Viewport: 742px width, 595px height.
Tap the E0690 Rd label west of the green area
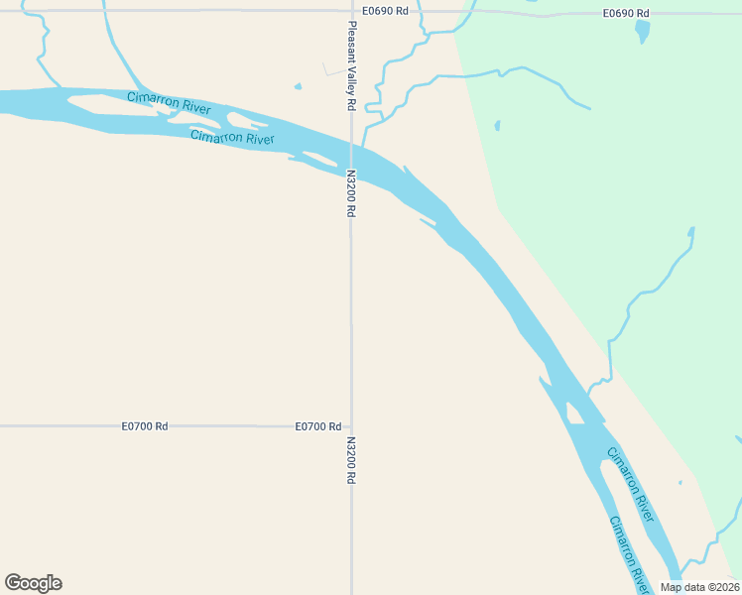coord(386,11)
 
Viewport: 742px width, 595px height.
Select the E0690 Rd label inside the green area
coord(626,13)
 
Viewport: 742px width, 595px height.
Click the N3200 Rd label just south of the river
coord(350,193)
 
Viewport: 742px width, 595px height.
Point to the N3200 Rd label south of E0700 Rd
coord(351,462)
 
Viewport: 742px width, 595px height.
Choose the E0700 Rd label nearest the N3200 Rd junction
coord(317,425)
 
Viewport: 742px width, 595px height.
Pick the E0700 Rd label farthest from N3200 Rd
coord(144,425)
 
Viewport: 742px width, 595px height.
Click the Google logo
coord(33,583)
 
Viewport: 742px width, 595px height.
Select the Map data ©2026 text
coord(699,587)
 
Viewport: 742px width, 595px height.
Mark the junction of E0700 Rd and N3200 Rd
coord(351,425)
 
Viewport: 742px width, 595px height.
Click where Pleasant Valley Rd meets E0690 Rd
coord(350,11)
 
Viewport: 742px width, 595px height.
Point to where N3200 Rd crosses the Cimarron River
coord(351,157)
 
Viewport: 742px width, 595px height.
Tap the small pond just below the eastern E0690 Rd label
coord(643,32)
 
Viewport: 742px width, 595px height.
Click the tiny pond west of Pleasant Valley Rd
coord(298,86)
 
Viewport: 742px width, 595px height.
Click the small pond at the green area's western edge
coord(497,126)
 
